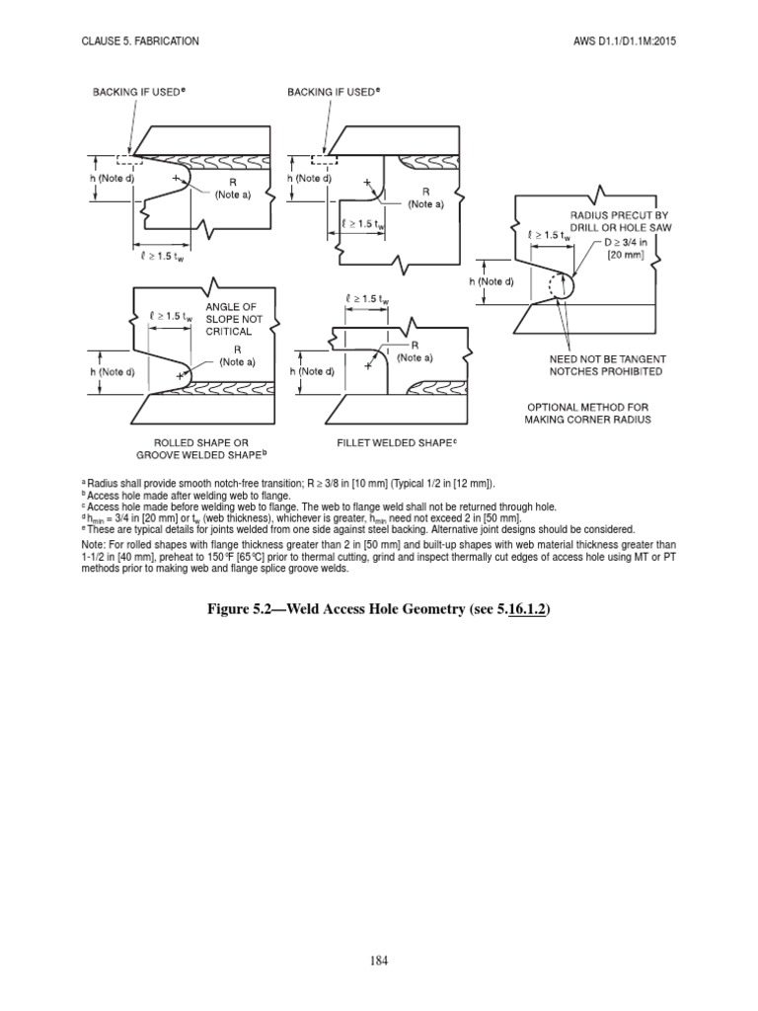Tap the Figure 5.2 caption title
379,610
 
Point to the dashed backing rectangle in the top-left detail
126,158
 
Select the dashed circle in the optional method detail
547,287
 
